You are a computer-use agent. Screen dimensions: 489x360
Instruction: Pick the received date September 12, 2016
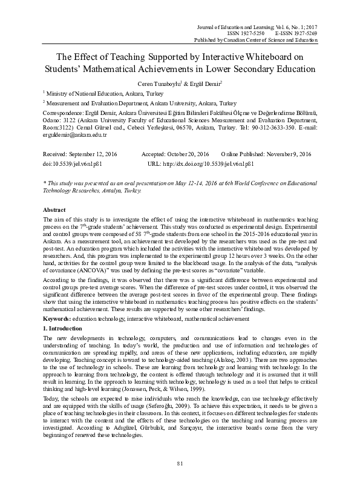[x=86, y=155]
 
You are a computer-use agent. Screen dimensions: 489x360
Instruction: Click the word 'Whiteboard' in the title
[x=258, y=57]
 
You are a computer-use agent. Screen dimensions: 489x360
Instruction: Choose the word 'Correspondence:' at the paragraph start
[x=63, y=113]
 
